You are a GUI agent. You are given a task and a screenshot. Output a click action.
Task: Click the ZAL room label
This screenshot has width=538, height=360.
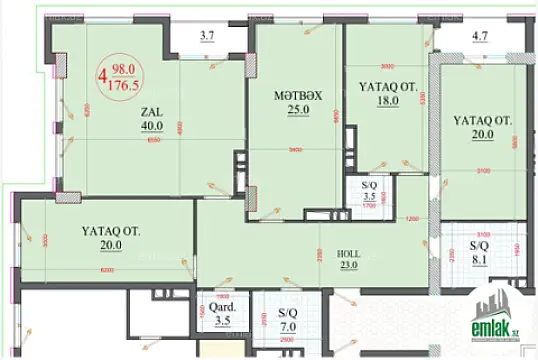pos(152,112)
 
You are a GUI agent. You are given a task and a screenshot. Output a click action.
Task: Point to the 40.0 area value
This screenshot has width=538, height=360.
pos(153,127)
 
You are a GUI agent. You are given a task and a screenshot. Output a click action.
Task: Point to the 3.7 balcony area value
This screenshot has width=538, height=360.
pos(207,38)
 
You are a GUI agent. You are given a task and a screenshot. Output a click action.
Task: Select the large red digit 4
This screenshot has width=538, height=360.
pos(103,73)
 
